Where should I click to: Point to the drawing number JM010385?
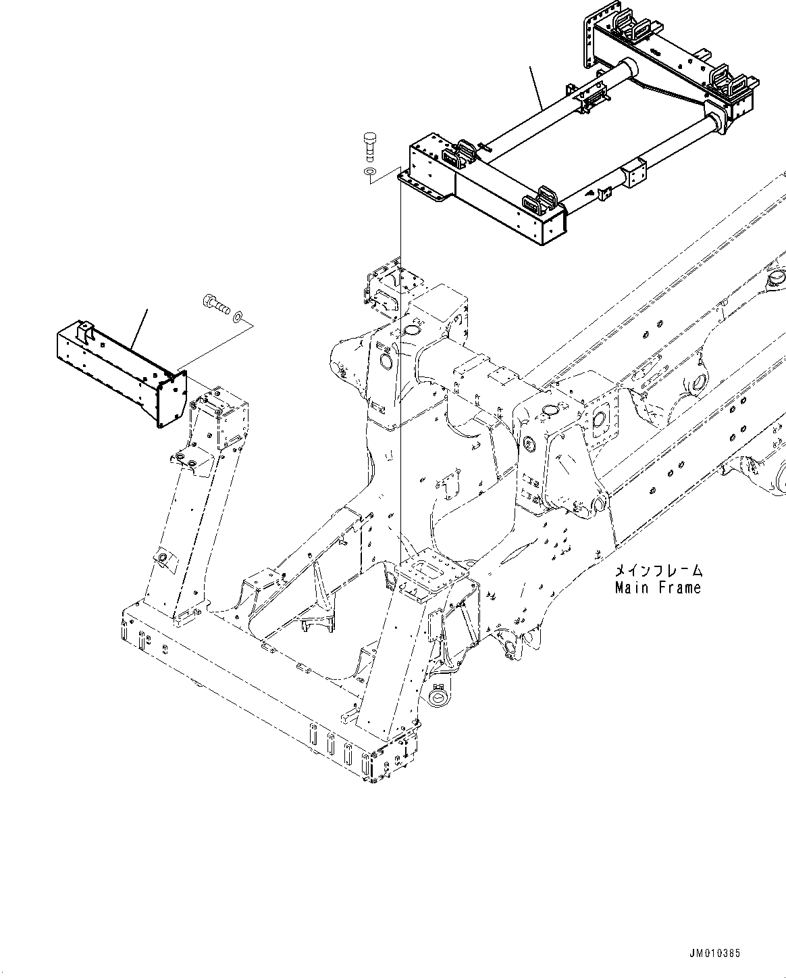coord(715,954)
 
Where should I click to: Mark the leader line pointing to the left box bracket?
coord(139,331)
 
